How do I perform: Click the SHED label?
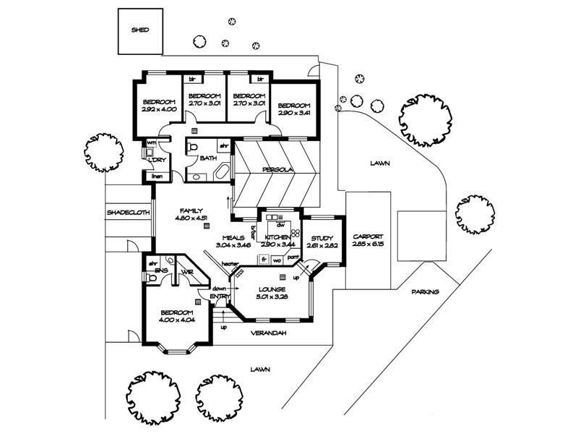pos(139,31)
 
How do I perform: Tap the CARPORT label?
pos(367,237)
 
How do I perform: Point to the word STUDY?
pos(322,238)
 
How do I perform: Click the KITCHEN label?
pos(277,237)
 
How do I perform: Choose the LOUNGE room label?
pos(272,289)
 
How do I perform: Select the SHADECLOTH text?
pos(128,213)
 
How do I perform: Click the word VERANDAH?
pos(269,333)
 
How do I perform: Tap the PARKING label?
pos(426,292)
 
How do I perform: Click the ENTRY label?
pos(220,296)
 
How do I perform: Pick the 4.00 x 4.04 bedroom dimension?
pos(176,319)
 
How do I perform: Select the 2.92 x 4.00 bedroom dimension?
pos(158,109)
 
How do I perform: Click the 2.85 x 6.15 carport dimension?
pos(367,245)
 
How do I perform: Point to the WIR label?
pos(186,271)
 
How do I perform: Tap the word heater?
pos(230,263)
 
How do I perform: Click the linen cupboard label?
pos(157,176)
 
